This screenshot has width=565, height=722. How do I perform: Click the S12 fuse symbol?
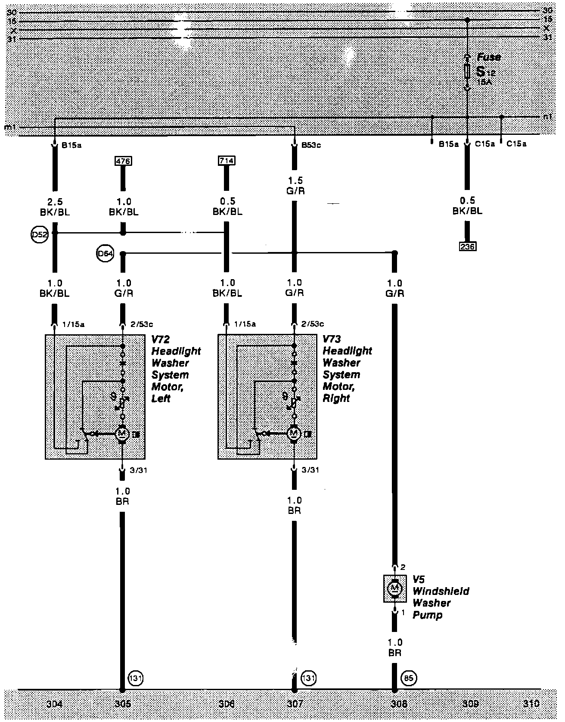click(x=467, y=72)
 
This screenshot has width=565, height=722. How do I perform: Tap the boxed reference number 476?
click(x=123, y=161)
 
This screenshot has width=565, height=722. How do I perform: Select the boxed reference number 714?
click(x=227, y=161)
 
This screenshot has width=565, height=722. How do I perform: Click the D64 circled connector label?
click(x=105, y=254)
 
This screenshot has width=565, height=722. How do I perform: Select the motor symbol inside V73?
click(x=295, y=433)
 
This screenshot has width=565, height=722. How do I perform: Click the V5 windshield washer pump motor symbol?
click(x=394, y=588)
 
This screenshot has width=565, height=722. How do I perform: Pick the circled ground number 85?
click(x=409, y=678)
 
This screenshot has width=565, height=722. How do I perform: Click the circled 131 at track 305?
click(x=135, y=678)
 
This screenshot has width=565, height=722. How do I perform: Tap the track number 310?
click(x=531, y=704)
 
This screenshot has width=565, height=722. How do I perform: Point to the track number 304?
click(x=54, y=704)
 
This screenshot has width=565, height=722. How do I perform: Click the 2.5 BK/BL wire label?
click(x=55, y=207)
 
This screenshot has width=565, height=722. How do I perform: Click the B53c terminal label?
click(x=311, y=145)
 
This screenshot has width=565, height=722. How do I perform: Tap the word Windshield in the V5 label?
click(x=441, y=591)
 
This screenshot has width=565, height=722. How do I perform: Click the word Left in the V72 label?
click(x=161, y=398)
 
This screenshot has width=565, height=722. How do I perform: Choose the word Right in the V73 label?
click(x=336, y=398)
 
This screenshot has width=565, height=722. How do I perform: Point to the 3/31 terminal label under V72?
click(x=138, y=470)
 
